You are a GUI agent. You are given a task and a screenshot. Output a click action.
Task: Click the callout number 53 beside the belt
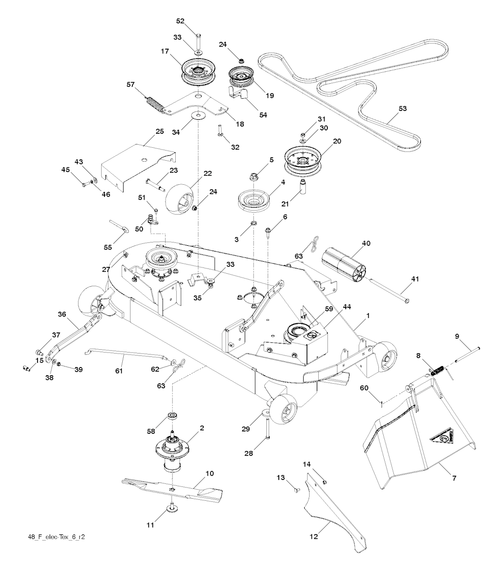point(402,109)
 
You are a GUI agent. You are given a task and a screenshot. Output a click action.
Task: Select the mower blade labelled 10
point(173,487)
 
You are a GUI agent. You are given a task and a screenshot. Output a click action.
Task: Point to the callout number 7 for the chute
point(454,478)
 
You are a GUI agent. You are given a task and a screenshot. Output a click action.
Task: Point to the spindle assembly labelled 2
point(173,448)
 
